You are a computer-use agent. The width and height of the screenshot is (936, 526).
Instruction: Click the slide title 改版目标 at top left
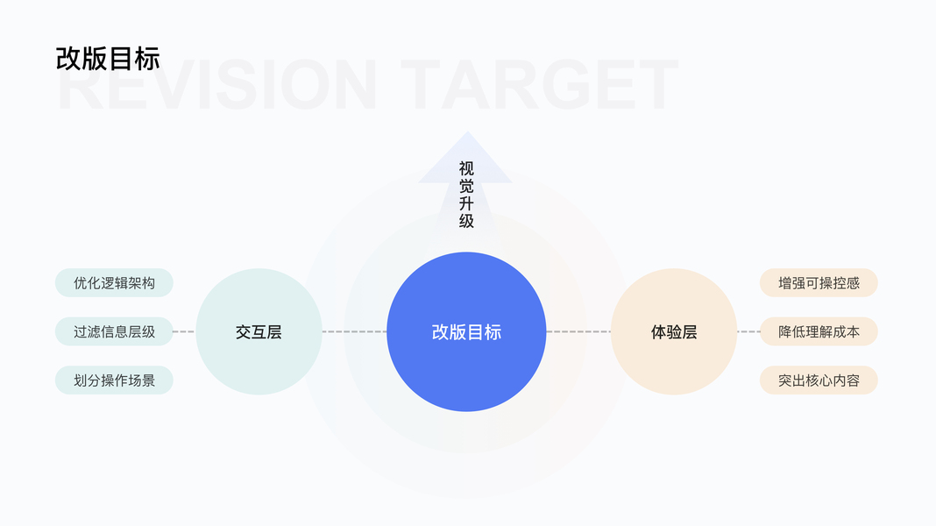(x=108, y=59)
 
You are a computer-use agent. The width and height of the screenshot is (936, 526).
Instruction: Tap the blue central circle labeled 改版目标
(x=466, y=332)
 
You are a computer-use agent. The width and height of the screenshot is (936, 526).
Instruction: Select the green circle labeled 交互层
(x=259, y=332)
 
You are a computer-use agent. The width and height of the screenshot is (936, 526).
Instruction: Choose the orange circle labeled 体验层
(x=674, y=332)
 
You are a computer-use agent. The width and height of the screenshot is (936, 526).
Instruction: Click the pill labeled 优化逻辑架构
(x=114, y=283)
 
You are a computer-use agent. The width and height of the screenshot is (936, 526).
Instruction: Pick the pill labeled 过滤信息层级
(x=114, y=331)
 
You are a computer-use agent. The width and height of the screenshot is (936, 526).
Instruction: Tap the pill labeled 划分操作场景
(x=114, y=380)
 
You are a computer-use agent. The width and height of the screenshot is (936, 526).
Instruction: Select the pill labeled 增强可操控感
(x=819, y=283)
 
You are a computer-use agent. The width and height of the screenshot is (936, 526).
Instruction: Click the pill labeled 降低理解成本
(x=819, y=331)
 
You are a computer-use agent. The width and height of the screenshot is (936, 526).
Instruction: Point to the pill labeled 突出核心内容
(x=819, y=380)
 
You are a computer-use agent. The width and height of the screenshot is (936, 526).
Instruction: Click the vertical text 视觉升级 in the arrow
(x=466, y=195)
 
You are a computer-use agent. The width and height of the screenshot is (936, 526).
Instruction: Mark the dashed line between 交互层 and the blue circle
(x=354, y=331)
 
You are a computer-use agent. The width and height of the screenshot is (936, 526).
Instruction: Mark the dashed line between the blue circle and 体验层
(x=578, y=331)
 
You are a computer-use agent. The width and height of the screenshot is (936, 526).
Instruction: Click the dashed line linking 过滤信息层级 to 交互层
(x=184, y=331)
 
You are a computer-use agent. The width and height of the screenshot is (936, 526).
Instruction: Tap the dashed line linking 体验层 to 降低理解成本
(x=748, y=331)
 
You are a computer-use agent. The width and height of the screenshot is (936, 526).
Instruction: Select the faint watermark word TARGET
(x=543, y=87)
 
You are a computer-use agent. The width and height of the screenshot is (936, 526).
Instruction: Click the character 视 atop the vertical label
(x=466, y=167)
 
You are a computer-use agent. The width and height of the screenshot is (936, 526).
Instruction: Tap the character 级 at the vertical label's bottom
(x=466, y=221)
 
